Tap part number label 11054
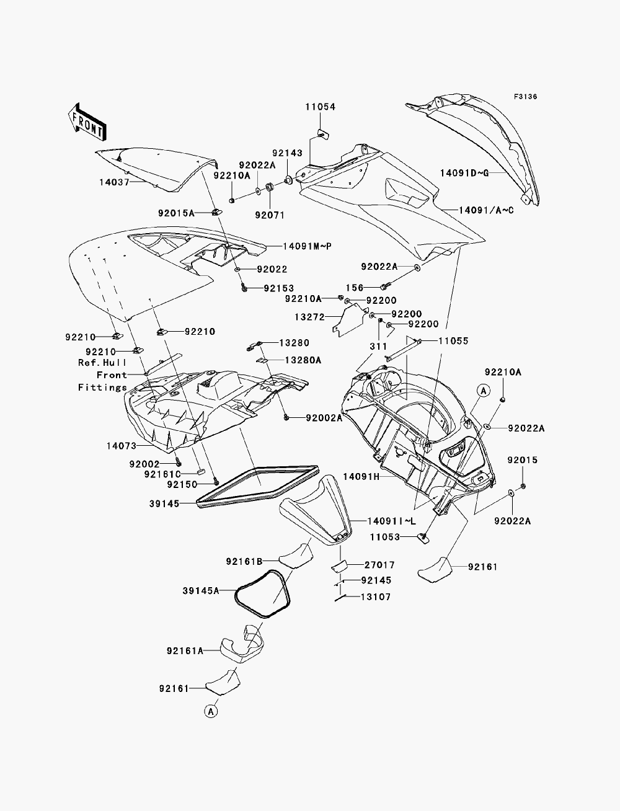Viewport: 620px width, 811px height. pyautogui.click(x=321, y=107)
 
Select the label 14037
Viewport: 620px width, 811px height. pyautogui.click(x=114, y=182)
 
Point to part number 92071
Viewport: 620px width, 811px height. pyautogui.click(x=270, y=215)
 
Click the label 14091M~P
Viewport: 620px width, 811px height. pyautogui.click(x=308, y=246)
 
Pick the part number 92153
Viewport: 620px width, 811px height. pyautogui.click(x=279, y=288)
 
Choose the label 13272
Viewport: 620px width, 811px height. pyautogui.click(x=309, y=317)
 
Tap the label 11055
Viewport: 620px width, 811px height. pyautogui.click(x=453, y=340)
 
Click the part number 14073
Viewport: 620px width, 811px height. pyautogui.click(x=122, y=446)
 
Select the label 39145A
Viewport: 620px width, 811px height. pyautogui.click(x=201, y=591)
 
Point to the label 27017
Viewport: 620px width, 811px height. pyautogui.click(x=380, y=565)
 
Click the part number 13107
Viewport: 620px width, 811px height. pyautogui.click(x=376, y=596)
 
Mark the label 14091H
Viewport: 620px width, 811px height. pyautogui.click(x=361, y=477)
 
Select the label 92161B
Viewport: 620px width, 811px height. pyautogui.click(x=244, y=562)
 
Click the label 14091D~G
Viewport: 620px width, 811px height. pyautogui.click(x=464, y=173)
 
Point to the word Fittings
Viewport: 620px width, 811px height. pyautogui.click(x=103, y=388)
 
